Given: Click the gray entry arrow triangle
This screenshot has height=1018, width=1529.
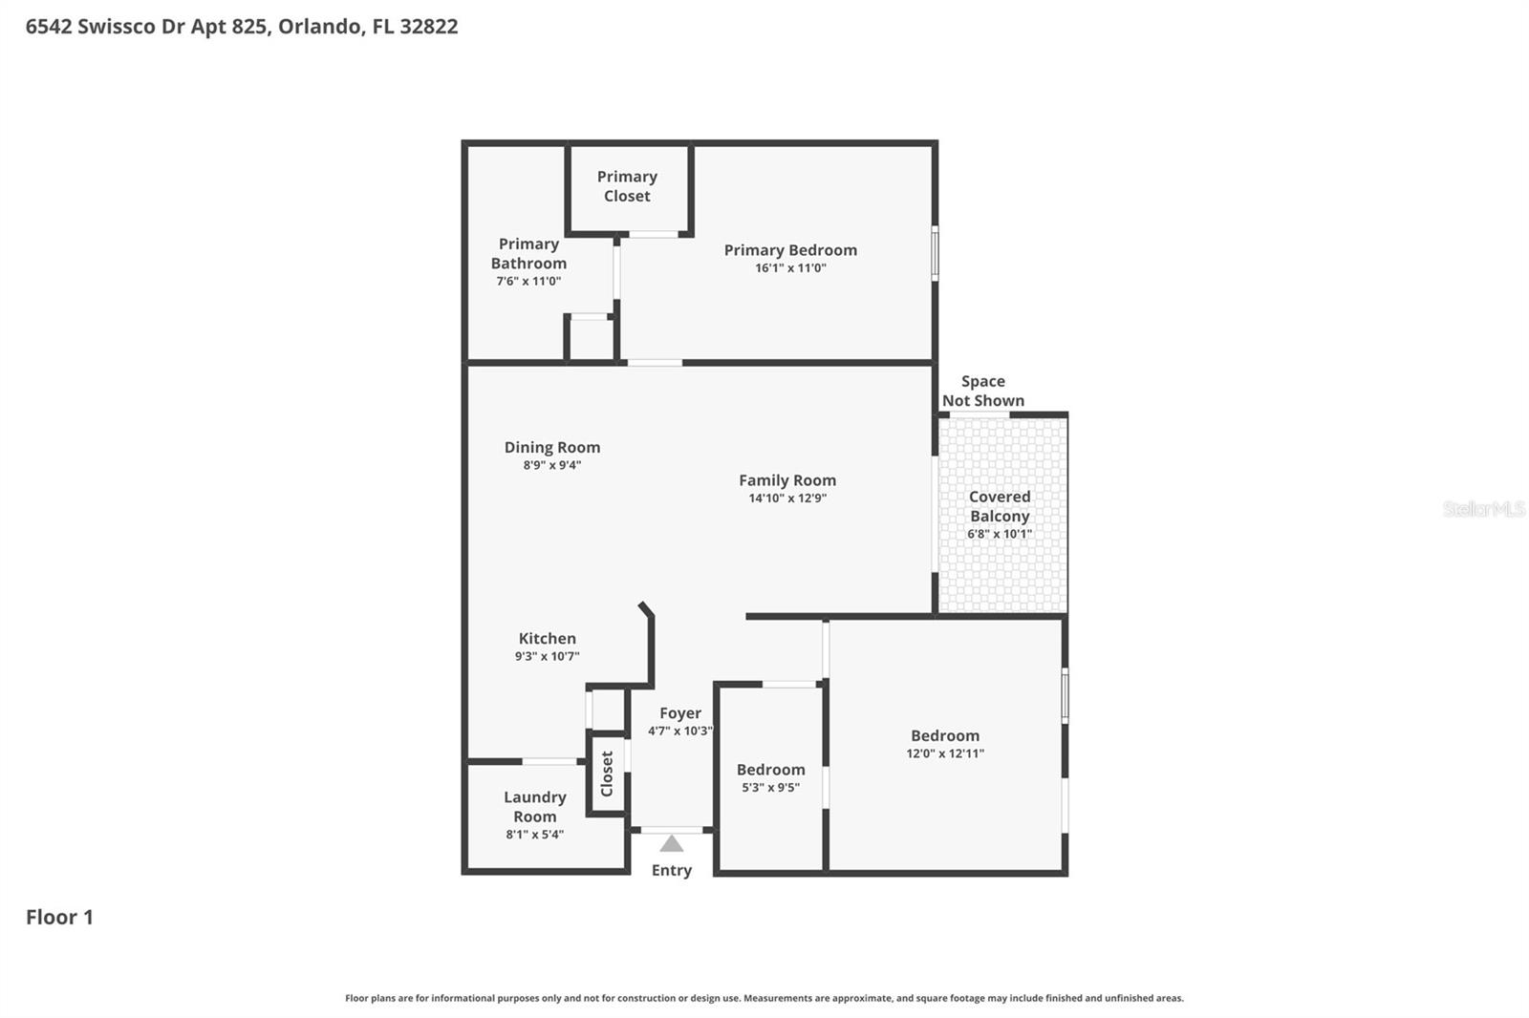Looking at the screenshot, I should (x=672, y=844).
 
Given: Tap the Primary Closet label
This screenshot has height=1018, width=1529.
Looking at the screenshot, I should (x=627, y=186).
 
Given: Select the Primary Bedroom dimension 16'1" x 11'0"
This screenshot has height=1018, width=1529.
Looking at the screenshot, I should (x=790, y=268).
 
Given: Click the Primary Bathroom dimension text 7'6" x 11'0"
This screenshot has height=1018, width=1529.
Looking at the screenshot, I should (x=528, y=282).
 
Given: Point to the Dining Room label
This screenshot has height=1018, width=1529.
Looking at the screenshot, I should (x=552, y=447).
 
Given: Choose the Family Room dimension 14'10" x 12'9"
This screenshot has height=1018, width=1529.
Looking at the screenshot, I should (x=787, y=498).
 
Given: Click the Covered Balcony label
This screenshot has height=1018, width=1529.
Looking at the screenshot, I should (x=1000, y=506).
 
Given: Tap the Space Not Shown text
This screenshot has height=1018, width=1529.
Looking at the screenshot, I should (x=983, y=391).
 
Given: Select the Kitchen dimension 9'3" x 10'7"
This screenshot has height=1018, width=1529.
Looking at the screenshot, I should (x=547, y=657).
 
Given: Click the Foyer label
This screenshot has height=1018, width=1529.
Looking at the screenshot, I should (x=680, y=713).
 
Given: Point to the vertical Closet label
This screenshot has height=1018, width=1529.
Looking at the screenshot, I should (x=607, y=774).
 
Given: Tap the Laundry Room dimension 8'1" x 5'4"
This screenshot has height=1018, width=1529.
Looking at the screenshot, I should (x=534, y=835).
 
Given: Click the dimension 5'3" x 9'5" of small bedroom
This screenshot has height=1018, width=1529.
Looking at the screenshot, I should (x=770, y=788).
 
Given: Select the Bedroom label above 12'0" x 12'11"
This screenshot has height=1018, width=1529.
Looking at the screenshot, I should (x=944, y=735).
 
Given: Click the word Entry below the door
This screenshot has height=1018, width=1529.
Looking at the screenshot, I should (x=672, y=870).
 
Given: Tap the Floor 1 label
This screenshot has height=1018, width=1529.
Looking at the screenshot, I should (x=59, y=917).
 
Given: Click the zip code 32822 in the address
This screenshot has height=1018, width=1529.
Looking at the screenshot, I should (x=429, y=26).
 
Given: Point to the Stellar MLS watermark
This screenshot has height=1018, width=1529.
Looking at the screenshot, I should (x=1483, y=509).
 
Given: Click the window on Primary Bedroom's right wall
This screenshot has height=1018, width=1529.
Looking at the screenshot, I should (x=935, y=253).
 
